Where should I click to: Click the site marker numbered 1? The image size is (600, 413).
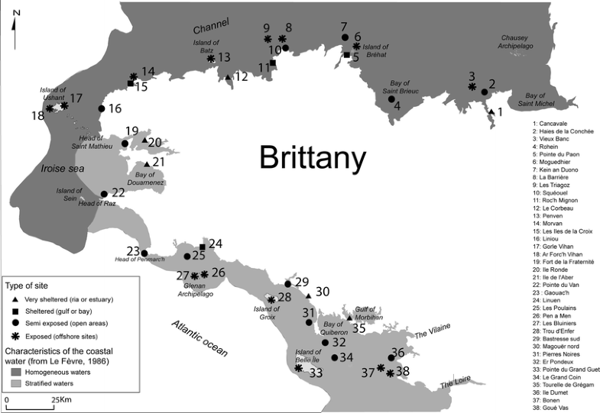491,111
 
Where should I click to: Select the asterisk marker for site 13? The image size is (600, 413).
211,58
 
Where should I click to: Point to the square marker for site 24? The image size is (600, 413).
202,247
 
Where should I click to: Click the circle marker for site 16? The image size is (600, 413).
101,108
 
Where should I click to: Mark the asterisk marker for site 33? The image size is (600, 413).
298,368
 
